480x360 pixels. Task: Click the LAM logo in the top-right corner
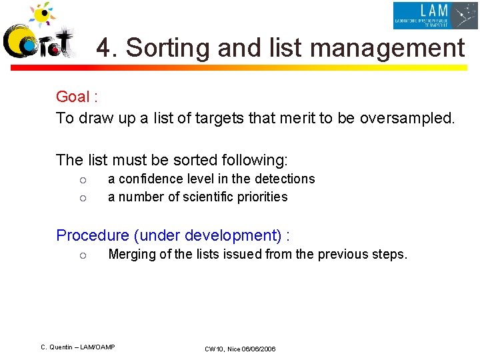pyautogui.click(x=435, y=15)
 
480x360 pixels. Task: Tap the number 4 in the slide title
pyautogui.click(x=103, y=48)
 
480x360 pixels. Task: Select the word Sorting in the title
pyautogui.click(x=166, y=49)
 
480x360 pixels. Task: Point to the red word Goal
pyautogui.click(x=73, y=97)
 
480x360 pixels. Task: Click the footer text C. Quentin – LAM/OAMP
pyautogui.click(x=78, y=347)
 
